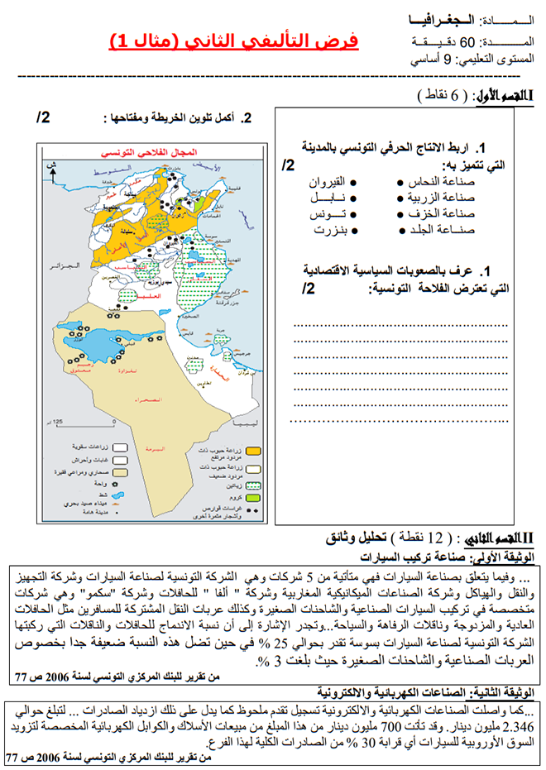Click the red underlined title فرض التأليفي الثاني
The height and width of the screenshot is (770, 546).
pyautogui.click(x=234, y=41)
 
